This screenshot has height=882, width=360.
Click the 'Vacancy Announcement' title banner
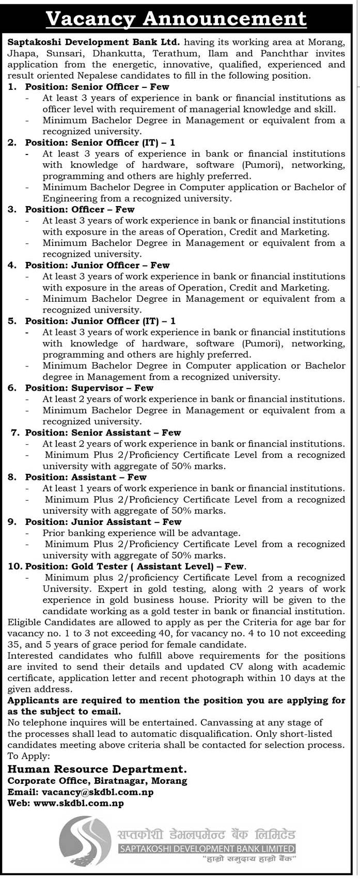(176, 19)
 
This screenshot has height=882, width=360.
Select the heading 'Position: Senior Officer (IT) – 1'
(100, 143)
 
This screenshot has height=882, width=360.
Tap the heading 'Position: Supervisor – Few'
(89, 388)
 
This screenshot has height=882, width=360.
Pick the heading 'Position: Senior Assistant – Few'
(103, 433)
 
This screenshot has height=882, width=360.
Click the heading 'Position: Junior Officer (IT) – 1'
(100, 321)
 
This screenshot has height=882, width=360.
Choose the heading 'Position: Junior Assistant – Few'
(103, 522)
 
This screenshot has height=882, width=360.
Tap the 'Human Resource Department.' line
(97, 769)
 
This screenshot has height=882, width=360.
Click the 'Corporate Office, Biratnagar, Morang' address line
(98, 781)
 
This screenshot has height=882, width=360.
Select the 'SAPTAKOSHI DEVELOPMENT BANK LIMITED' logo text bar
(207, 848)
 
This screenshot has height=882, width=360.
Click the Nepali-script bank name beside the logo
(205, 834)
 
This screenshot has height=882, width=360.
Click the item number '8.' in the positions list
(12, 477)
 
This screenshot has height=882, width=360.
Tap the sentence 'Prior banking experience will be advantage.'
(142, 533)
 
